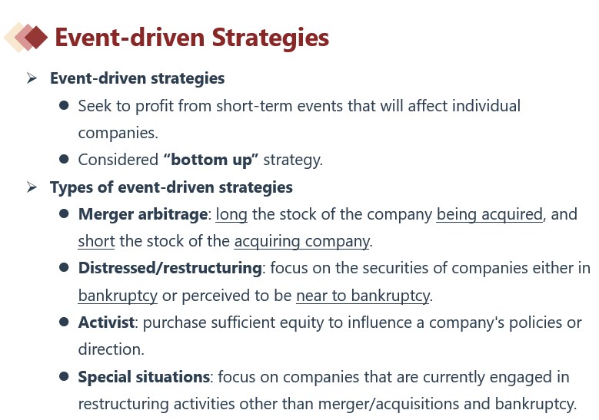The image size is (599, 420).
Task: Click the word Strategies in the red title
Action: [270, 38]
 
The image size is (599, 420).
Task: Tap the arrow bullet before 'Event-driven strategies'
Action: [32, 78]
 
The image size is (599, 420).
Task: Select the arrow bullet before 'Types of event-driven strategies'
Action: [32, 187]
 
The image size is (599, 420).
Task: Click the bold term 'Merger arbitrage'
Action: [143, 214]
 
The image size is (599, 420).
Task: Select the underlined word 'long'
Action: [231, 215]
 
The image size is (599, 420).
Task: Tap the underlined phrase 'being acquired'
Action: [489, 215]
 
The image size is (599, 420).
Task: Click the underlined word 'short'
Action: [96, 241]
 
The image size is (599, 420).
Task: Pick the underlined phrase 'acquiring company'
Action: [301, 242]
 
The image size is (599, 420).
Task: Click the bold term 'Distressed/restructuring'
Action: [170, 268]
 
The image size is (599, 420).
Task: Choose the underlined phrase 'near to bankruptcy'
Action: [363, 296]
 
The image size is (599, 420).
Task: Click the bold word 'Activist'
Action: [106, 322]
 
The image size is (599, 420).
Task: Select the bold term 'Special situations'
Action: [144, 377]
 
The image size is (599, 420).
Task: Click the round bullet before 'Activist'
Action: [64, 322]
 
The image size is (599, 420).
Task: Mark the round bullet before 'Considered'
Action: [64, 159]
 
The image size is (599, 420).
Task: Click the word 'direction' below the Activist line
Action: [110, 349]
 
